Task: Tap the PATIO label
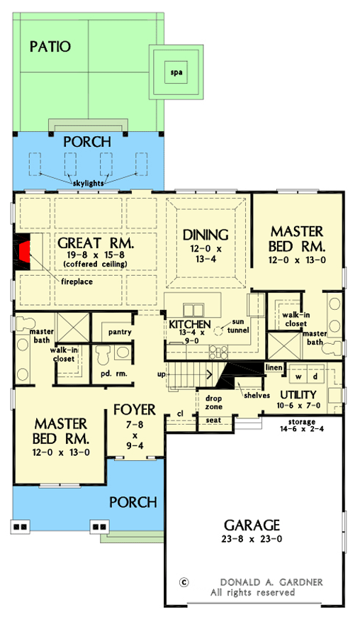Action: click(x=50, y=48)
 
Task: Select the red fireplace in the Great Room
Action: click(x=25, y=252)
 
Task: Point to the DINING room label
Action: click(x=205, y=235)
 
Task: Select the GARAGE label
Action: click(x=252, y=525)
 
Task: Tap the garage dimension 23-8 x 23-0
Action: click(x=252, y=539)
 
